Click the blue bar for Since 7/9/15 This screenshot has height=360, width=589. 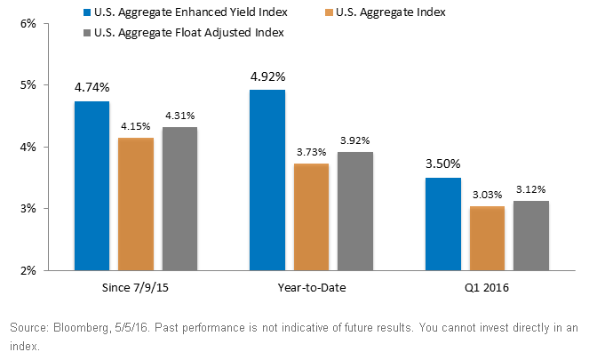pos(92,186)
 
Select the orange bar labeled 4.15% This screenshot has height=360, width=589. pos(136,204)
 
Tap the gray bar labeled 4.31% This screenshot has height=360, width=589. pos(180,199)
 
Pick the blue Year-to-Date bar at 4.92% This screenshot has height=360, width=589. pos(267,180)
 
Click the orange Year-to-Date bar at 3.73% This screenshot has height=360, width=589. pos(312,217)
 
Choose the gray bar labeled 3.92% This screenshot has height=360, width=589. pos(355,212)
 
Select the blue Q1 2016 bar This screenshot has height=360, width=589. pos(443,224)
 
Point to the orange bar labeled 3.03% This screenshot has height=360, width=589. pos(487,238)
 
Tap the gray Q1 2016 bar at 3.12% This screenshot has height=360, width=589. pos(531,236)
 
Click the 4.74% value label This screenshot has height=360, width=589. pos(92,88)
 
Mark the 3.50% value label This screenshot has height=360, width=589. pos(443,164)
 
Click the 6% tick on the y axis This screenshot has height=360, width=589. pos(28,24)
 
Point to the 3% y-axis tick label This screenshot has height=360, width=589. pos(28,209)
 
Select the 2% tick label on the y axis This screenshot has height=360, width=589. pos(28,270)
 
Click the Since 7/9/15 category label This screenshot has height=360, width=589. pos(135,288)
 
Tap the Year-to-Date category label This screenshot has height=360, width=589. pos(312,288)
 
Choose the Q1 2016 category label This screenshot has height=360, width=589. pos(487,288)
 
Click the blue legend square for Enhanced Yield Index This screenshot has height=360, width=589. pos(87,12)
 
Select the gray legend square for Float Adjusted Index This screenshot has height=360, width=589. pos(87,33)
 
